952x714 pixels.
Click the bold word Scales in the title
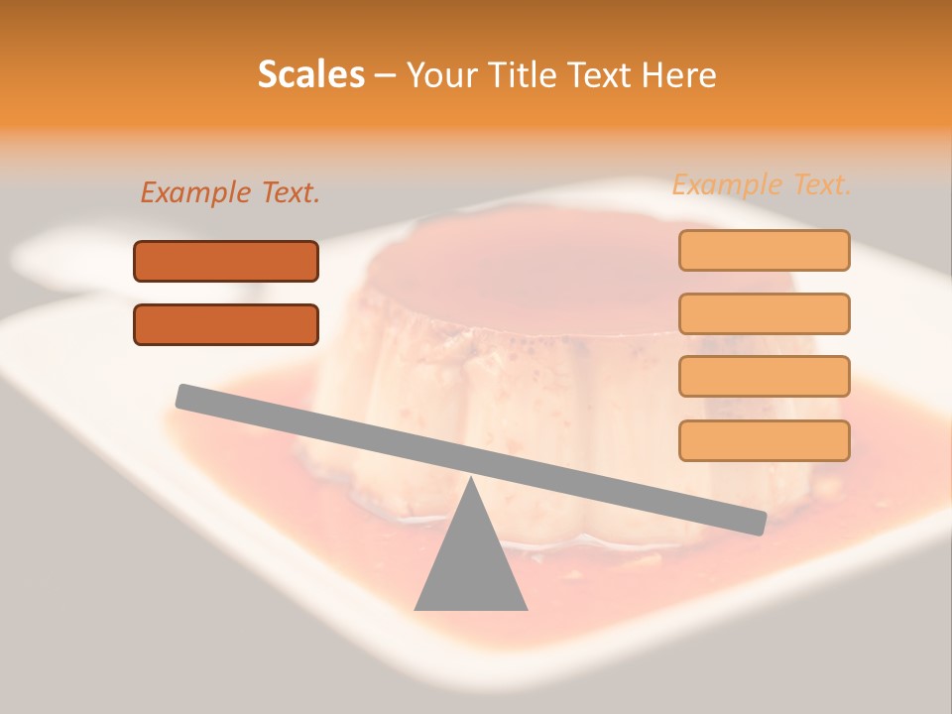pos(310,74)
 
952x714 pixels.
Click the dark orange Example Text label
pos(230,193)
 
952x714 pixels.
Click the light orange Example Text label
pos(762,184)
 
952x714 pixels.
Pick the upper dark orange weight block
pos(226,261)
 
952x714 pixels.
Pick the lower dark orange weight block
pos(226,324)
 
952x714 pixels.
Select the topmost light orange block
pos(764,250)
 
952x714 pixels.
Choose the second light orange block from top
pos(764,313)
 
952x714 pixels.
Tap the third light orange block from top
pos(764,376)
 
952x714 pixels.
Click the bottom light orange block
pos(764,440)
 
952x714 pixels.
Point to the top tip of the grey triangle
pos(470,479)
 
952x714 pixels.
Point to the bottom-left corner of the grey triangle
pos(416,609)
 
